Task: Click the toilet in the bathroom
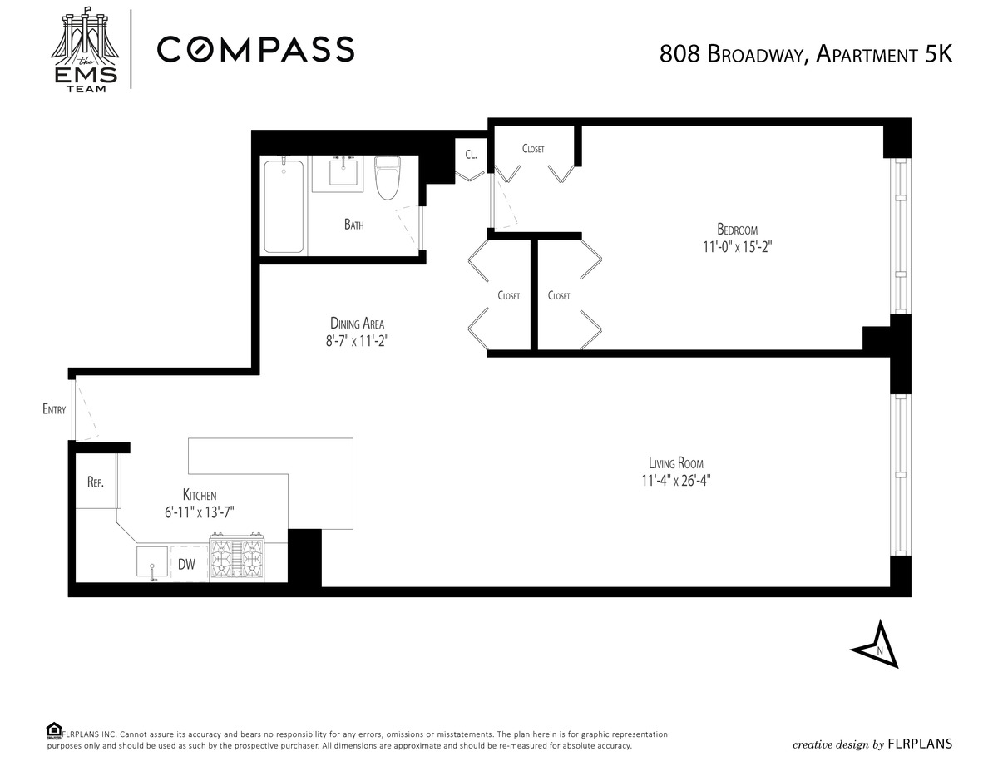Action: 388,178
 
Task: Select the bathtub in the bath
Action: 284,205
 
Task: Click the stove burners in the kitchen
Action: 236,557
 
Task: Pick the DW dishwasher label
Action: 186,564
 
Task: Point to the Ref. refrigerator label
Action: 95,482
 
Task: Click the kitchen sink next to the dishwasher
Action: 152,561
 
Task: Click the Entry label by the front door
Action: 54,408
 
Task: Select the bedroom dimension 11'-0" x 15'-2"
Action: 737,247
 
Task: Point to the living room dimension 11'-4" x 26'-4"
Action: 675,481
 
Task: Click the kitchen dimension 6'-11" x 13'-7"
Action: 200,512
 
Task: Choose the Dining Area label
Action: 357,324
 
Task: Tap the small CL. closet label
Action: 471,155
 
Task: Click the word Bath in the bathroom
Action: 353,224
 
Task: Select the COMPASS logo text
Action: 255,49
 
